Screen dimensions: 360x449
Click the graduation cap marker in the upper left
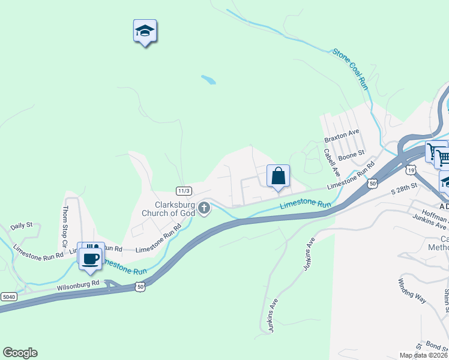click(144, 31)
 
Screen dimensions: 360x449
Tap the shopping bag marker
click(278, 176)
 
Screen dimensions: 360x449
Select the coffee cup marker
click(91, 259)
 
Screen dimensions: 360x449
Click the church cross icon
click(204, 208)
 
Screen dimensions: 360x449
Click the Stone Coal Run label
click(351, 69)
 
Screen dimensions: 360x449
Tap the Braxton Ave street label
click(341, 136)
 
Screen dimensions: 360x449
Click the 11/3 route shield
click(184, 191)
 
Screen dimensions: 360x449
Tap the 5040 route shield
click(8, 297)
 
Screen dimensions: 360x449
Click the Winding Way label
click(412, 290)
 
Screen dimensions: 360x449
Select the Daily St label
click(21, 226)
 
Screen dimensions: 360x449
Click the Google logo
click(20, 353)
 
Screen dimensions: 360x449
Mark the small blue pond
click(208, 79)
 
